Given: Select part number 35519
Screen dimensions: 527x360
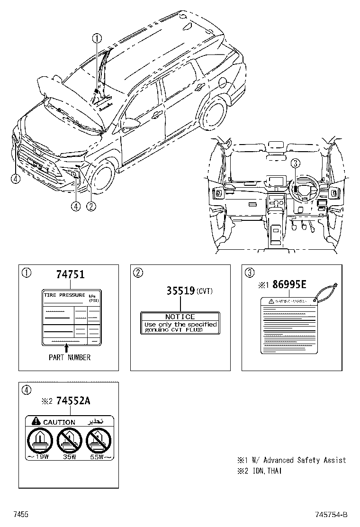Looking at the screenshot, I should pos(180,291).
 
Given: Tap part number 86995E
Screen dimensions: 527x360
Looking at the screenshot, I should pos(289,285).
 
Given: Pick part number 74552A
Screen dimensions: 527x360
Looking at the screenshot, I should pos(72,401).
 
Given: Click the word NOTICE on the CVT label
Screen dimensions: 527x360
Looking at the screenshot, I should pos(180,317).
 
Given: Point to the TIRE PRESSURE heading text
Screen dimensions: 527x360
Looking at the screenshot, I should pos(64,295).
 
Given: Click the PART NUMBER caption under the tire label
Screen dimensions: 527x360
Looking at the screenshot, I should pos(69,357).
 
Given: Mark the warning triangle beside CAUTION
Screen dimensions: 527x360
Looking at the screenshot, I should pos(36,421).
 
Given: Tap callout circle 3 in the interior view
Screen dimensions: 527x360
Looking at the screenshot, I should pos(296,164).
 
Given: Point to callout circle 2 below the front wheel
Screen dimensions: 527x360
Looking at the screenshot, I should pos(90,206).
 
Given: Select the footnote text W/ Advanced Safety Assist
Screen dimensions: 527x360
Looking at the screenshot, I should pos(304,460).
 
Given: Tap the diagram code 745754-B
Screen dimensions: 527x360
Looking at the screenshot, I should pos(331,515).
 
